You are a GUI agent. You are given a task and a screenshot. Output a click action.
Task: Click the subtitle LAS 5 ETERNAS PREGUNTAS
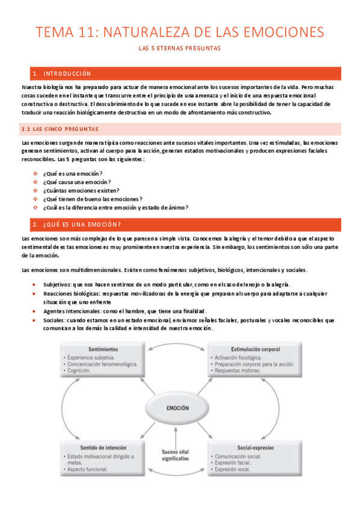[180, 48]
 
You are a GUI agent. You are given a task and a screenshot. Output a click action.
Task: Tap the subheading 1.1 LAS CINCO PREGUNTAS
[59, 129]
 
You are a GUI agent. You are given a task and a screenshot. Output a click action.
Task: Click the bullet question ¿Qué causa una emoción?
[76, 182]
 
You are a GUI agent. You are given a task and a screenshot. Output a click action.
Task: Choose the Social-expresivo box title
[251, 449]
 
